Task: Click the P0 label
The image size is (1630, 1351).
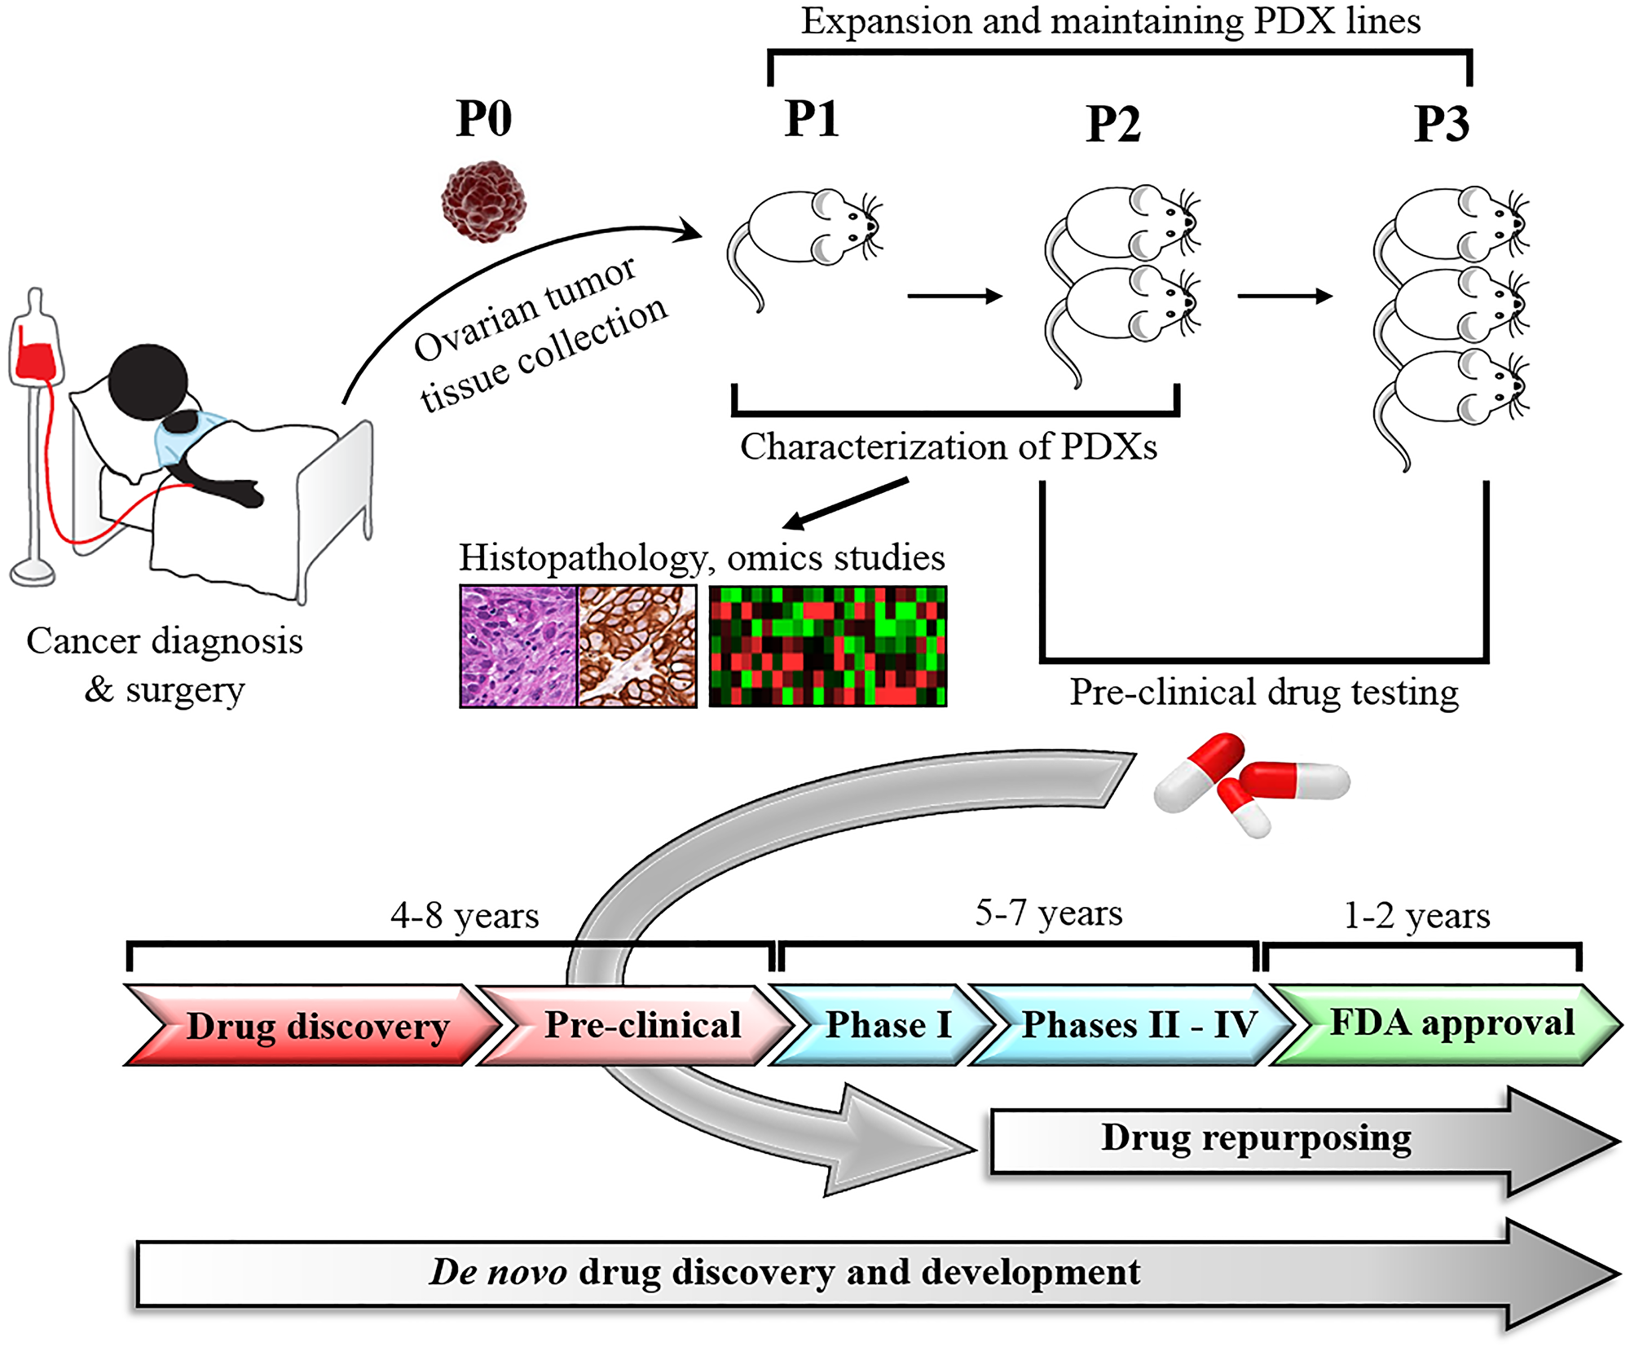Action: tap(484, 119)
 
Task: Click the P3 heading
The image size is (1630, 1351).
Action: tap(1441, 124)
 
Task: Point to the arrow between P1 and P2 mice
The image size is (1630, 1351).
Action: tap(954, 297)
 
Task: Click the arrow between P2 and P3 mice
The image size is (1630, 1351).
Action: tap(1284, 297)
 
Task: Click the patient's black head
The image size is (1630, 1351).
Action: tap(148, 382)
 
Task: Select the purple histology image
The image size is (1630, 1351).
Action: tap(518, 646)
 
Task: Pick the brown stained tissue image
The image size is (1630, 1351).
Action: tap(637, 646)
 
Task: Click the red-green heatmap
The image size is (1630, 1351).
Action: tap(827, 646)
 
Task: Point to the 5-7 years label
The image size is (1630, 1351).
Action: tap(1048, 913)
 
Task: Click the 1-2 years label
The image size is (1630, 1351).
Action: tap(1416, 915)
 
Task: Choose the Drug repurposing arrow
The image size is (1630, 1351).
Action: tap(1255, 1139)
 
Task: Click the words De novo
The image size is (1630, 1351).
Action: tap(498, 1272)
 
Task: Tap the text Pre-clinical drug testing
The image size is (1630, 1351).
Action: tap(1264, 692)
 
